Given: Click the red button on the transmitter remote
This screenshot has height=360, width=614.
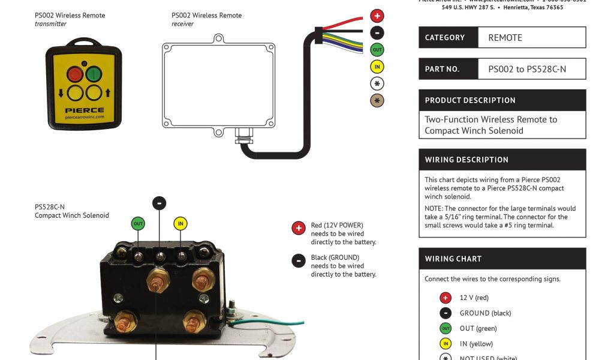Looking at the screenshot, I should point(76,74).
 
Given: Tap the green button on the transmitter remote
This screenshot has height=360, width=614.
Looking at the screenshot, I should point(93,74).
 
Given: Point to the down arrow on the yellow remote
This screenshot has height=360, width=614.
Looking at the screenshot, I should point(61,93).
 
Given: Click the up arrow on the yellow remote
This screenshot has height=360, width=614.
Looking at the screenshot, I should point(108,93).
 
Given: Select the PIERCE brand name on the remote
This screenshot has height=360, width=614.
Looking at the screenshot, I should point(85,110).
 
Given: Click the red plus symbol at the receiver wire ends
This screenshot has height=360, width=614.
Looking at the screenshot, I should point(377,16).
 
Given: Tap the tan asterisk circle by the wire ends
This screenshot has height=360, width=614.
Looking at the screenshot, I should point(377,100).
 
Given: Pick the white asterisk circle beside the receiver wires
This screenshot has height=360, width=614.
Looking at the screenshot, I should point(377,83).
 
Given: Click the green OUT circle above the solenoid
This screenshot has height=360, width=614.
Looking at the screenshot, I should point(139,224).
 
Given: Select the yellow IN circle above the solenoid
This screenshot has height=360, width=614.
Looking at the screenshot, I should point(180,224).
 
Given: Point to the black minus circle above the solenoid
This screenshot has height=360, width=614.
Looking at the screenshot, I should point(159,203).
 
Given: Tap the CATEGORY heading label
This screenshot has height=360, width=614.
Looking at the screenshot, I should point(445,38).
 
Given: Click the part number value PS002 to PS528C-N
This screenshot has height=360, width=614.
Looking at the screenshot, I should point(527,69).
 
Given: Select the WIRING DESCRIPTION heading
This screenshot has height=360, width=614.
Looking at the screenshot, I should point(466,160).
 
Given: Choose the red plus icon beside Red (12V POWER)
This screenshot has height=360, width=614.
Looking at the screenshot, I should point(299,228).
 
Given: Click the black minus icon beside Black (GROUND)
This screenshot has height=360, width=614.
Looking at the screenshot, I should point(299,260).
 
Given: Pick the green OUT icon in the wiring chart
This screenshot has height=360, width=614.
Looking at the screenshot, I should point(446,328).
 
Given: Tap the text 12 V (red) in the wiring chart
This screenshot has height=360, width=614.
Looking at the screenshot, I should point(474,298).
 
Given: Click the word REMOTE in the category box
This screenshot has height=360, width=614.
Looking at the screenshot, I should point(505,38).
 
